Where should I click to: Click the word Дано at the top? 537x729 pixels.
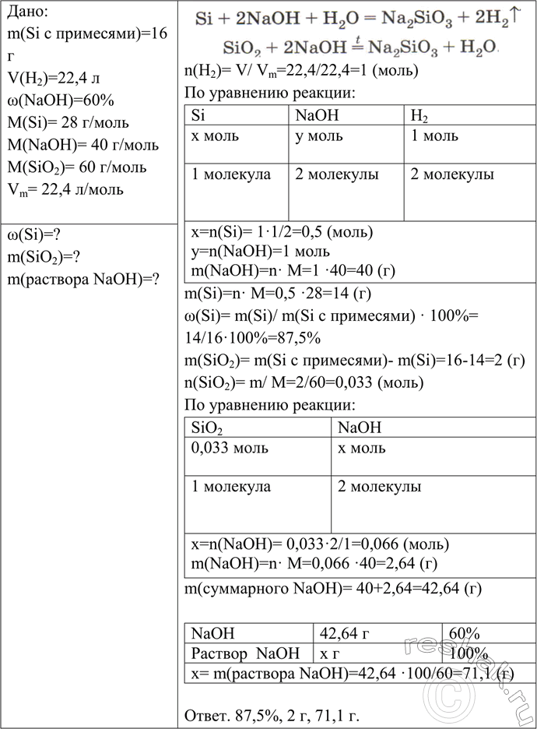tap(26, 12)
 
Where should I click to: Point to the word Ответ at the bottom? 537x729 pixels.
tap(205, 715)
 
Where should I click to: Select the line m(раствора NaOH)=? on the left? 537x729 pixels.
tap(82, 280)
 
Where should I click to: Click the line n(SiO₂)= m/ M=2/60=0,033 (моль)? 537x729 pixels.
tap(304, 382)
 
